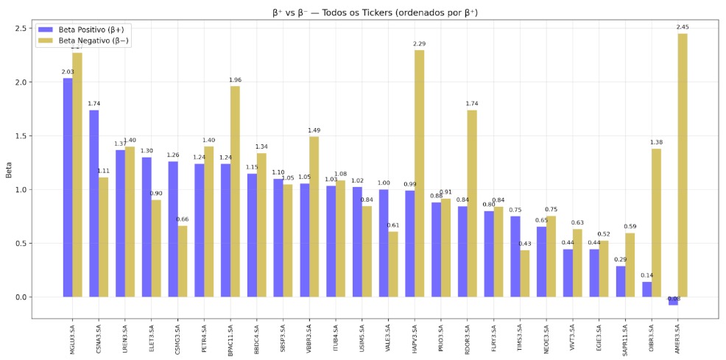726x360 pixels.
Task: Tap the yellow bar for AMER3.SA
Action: [x=683, y=165]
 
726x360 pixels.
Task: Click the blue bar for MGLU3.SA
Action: [x=68, y=187]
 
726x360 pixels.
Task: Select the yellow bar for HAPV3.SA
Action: [x=420, y=173]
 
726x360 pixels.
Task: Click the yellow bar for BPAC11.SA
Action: [x=235, y=191]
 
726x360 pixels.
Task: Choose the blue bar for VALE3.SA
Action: [x=384, y=243]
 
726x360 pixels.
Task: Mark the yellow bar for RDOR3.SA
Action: [x=472, y=203]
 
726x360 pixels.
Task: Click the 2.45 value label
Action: [x=683, y=27]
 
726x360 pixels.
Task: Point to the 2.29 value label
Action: [x=420, y=44]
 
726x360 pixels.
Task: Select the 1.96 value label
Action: [x=235, y=80]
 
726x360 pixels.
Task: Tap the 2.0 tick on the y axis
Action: [x=21, y=82]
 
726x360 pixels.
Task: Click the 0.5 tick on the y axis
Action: [x=21, y=244]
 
